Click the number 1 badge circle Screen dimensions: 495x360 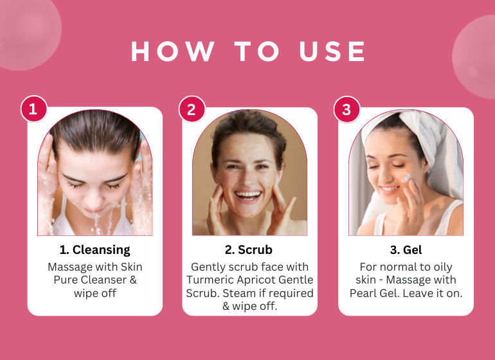[x=34, y=109]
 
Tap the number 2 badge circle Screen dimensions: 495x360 [x=192, y=109]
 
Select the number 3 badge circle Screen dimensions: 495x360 [x=347, y=109]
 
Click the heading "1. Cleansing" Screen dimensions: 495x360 [x=94, y=250]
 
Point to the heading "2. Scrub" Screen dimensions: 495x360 [x=248, y=250]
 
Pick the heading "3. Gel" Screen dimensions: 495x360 [x=406, y=250]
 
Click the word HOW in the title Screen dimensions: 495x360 [x=173, y=51]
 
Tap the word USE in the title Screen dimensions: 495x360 [x=332, y=51]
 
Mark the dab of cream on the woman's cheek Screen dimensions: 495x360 [x=406, y=177]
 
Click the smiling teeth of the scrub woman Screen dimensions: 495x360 [x=248, y=194]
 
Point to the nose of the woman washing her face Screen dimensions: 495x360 [x=94, y=199]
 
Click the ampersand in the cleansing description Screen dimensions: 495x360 [x=133, y=280]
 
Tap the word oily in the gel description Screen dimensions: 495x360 [x=443, y=267]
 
